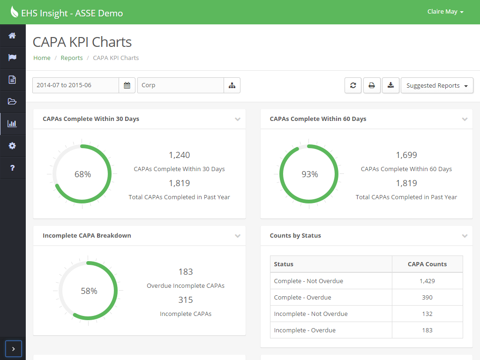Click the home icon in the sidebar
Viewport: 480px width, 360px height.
click(x=12, y=36)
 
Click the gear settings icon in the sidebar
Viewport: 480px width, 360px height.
click(x=12, y=146)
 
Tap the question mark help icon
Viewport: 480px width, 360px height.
click(x=12, y=168)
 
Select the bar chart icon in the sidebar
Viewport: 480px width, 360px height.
click(x=12, y=124)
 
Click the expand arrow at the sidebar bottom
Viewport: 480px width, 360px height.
click(x=13, y=349)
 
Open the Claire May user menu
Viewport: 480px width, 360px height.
click(x=445, y=12)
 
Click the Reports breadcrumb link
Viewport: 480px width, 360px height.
click(x=72, y=58)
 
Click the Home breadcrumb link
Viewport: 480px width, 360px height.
click(x=42, y=58)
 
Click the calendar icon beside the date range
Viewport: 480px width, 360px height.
click(x=127, y=85)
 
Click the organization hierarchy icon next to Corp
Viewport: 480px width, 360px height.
click(x=232, y=85)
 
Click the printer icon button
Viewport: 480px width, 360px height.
click(x=372, y=85)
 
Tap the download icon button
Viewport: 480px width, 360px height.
click(x=390, y=85)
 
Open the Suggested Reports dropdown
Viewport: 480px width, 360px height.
click(x=437, y=86)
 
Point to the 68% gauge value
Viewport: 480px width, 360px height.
click(x=82, y=174)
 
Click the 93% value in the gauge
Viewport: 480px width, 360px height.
click(x=309, y=174)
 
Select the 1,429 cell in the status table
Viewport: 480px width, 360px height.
click(x=427, y=281)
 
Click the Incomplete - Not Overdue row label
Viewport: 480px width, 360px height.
click(x=311, y=314)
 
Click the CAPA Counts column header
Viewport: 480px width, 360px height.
click(x=427, y=264)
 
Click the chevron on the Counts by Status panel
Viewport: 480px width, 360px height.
click(x=465, y=236)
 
